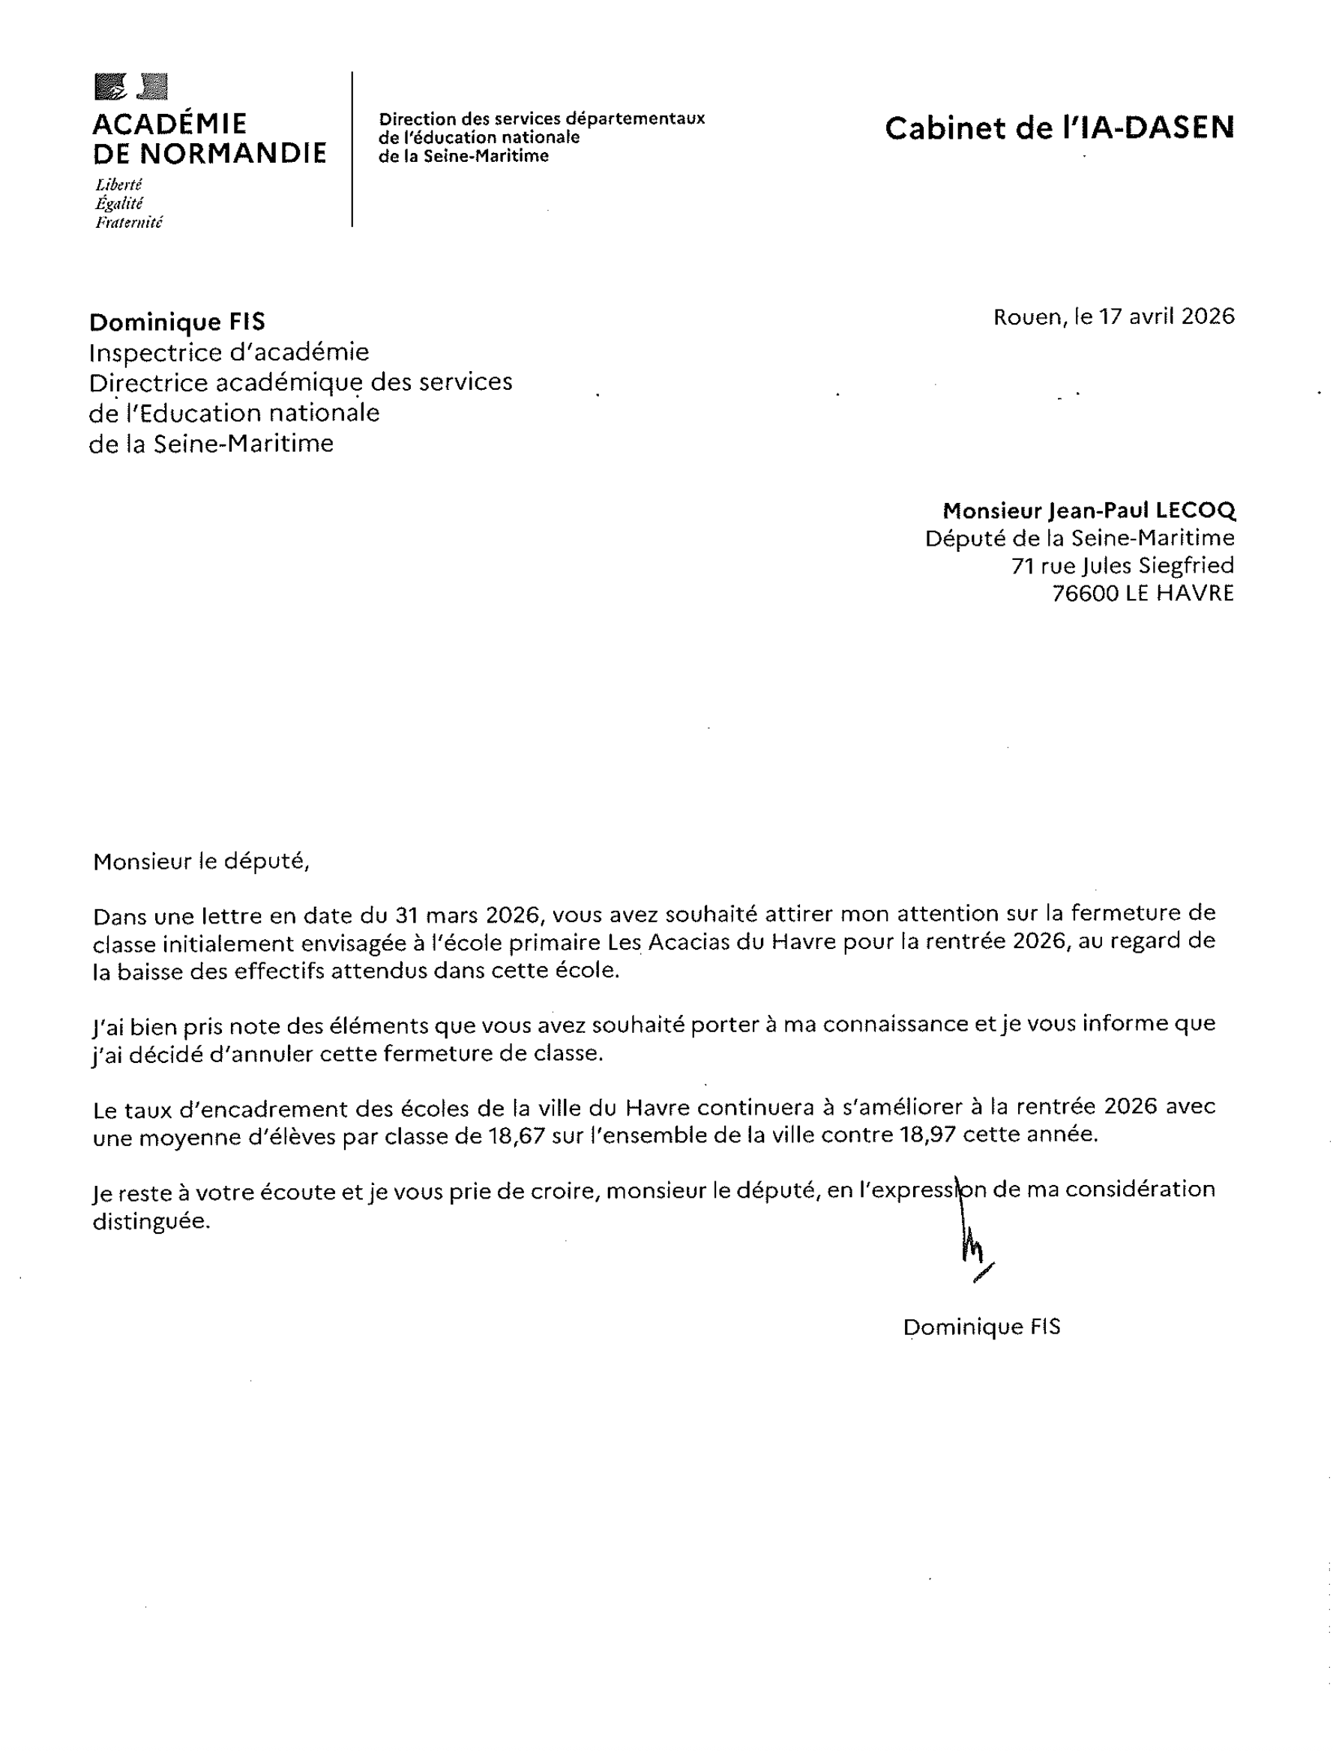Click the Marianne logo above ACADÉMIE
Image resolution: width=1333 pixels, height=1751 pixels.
131,86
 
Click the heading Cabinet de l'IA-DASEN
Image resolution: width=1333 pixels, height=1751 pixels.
1059,127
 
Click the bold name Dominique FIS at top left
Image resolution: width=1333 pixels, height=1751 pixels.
177,322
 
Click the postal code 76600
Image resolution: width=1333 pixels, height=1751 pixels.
1085,594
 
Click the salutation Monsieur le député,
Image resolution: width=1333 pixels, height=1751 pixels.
201,861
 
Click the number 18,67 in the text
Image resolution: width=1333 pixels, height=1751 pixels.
517,1136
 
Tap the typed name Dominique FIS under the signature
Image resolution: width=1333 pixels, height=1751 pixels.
981,1327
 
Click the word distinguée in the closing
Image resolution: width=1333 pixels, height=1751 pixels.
151,1220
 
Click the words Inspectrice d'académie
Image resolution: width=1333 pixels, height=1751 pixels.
229,352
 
